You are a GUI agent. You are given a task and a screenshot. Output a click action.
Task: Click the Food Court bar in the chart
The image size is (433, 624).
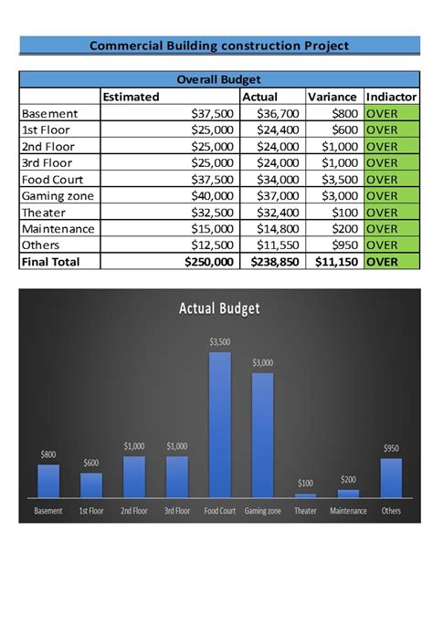point(220,424)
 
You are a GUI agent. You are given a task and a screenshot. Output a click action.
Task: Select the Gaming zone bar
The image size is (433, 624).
point(263,434)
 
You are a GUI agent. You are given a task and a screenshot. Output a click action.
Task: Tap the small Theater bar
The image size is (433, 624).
point(305,494)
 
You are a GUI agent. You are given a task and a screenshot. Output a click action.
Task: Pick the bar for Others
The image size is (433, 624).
point(391,477)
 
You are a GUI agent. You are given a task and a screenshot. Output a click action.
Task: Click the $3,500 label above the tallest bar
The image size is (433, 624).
point(220,342)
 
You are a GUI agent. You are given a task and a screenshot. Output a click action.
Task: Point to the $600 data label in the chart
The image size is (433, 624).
point(91,463)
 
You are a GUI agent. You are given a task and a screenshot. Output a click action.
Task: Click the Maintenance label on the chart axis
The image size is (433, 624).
point(348,511)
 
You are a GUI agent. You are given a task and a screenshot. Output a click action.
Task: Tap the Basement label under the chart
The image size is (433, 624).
point(48,511)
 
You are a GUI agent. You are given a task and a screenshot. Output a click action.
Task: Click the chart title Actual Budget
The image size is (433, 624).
point(219,308)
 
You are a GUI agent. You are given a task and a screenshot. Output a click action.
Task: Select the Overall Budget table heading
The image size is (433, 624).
point(219,79)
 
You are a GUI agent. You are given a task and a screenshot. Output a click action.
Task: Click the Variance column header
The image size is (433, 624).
point(333,97)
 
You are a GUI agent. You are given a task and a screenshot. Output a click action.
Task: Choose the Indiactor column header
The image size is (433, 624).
point(391,97)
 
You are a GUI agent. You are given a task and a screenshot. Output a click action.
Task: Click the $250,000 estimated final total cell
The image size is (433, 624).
point(209,262)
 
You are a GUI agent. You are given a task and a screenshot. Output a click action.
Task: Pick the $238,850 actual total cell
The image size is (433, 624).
point(272,262)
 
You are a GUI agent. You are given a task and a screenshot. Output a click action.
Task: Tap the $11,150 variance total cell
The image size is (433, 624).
point(333,262)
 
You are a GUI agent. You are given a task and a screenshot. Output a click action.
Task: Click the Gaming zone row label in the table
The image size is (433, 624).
point(58,196)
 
